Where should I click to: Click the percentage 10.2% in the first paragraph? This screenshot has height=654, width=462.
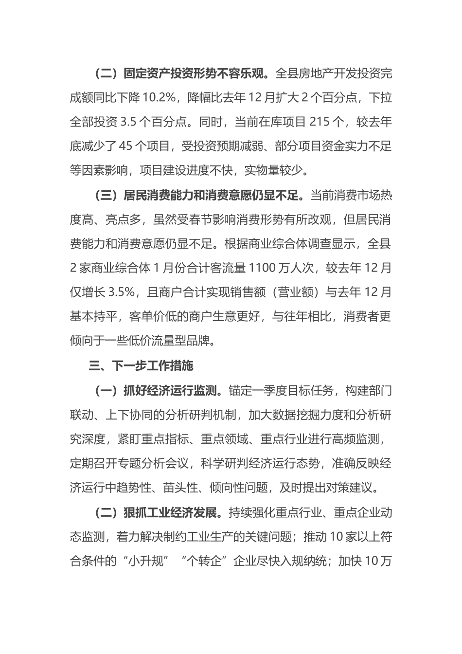(x=159, y=98)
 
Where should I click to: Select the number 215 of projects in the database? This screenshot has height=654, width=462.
(x=320, y=122)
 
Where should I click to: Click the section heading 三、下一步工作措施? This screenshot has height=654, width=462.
(x=141, y=366)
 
